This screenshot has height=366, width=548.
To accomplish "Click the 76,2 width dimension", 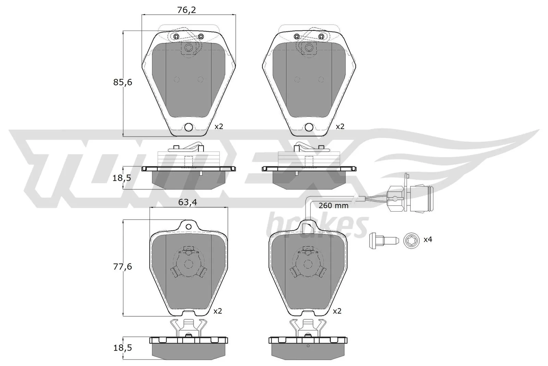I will click(187, 10).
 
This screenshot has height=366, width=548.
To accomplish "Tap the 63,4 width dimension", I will click(188, 202).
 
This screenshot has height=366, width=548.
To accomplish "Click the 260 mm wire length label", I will click(333, 206).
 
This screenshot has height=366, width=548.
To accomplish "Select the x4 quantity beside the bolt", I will click(428, 239).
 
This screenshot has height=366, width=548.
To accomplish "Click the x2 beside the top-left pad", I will click(219, 126).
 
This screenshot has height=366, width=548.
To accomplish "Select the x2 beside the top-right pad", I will click(339, 126).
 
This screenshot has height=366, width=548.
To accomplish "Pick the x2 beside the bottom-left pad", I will click(217, 311).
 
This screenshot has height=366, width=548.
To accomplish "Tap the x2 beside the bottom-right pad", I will click(337, 311).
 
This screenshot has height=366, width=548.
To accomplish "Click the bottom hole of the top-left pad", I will click(188, 127).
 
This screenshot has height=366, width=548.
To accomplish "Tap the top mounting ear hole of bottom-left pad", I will click(188, 226).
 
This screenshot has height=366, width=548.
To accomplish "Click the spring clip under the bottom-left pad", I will click(188, 328).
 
